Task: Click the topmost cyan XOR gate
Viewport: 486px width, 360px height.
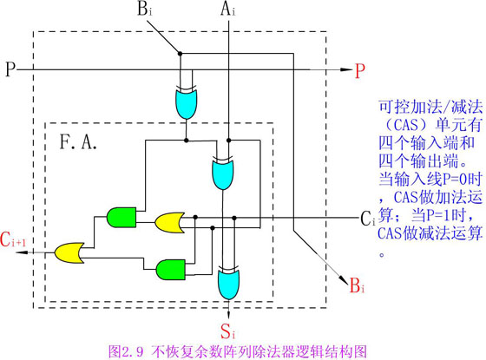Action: (x=185, y=102)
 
